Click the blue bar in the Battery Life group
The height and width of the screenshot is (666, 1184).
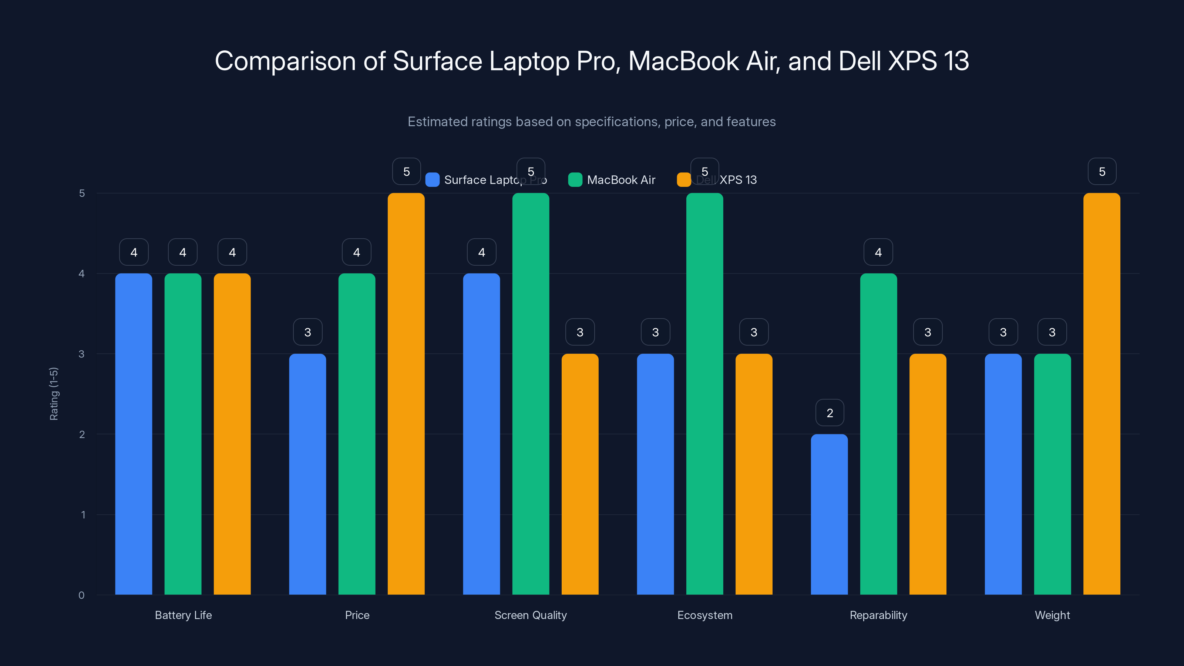[133, 434]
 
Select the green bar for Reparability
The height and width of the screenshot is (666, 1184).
[878, 434]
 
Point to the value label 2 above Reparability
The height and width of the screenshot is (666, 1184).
[830, 413]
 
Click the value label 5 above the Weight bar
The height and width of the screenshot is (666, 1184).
[1102, 171]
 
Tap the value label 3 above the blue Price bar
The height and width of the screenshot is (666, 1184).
[307, 332]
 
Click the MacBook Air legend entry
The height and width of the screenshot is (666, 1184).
[612, 180]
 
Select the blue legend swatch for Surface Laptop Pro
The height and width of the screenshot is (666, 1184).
[432, 180]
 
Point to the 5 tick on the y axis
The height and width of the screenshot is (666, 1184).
[82, 194]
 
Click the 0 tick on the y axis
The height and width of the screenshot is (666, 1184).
[81, 595]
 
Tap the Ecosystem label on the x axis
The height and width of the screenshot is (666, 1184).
[704, 615]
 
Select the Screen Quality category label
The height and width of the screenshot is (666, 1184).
[531, 615]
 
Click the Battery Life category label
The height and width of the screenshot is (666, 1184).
[183, 615]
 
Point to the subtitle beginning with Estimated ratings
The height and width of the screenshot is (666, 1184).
[592, 122]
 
